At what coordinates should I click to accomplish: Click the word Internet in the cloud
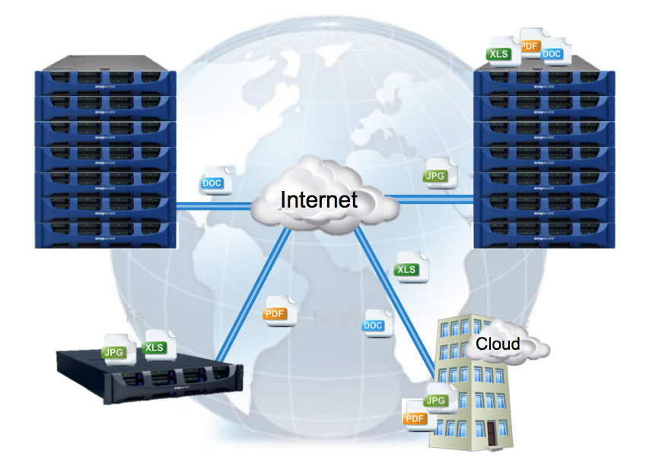pyautogui.click(x=319, y=199)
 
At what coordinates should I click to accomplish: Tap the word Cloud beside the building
pyautogui.click(x=498, y=344)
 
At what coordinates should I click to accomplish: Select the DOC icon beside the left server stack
pyautogui.click(x=212, y=183)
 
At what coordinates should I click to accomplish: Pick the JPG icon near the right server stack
pyautogui.click(x=435, y=176)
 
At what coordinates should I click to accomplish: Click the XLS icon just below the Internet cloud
pyautogui.click(x=407, y=269)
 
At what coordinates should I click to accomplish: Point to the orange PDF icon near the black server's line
pyautogui.click(x=275, y=313)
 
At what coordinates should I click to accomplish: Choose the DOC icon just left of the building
pyautogui.click(x=374, y=325)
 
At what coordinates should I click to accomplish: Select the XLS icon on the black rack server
pyautogui.click(x=155, y=347)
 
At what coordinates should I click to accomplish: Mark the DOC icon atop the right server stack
pyautogui.click(x=552, y=54)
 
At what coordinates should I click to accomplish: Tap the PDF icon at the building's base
pyautogui.click(x=415, y=418)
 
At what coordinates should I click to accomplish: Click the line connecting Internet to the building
pyautogui.click(x=396, y=297)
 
